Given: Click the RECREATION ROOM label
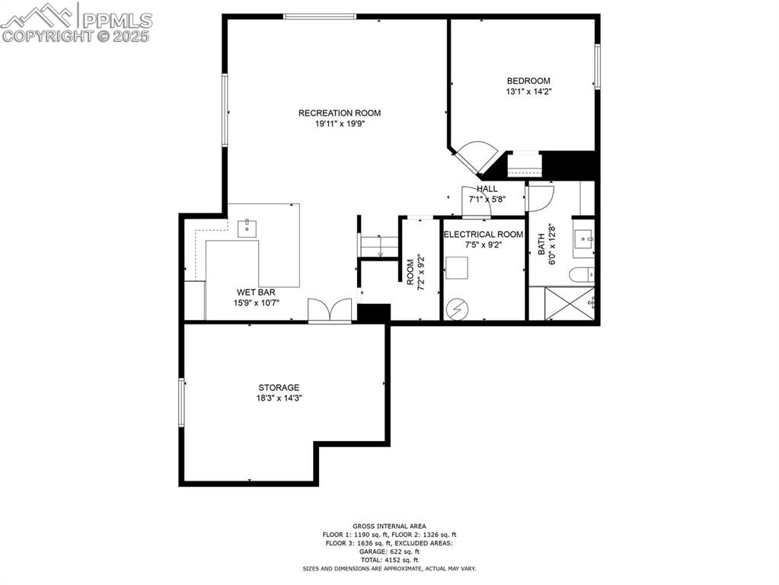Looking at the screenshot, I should [x=339, y=113].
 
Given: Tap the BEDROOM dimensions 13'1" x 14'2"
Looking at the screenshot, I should [x=528, y=91].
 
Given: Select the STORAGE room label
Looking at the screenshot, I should [x=278, y=387].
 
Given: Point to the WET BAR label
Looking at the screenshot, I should [x=256, y=292].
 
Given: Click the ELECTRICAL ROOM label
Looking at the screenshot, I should [x=483, y=234].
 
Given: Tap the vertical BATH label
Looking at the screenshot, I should [x=541, y=244].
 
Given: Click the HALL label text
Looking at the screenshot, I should [x=487, y=188].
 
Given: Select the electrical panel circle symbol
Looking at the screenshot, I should [x=457, y=308].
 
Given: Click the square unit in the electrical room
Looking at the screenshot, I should [x=457, y=268].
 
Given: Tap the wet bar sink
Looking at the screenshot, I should [x=248, y=227].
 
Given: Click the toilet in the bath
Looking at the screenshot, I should [x=582, y=274].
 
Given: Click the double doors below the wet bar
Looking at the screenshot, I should [x=330, y=311].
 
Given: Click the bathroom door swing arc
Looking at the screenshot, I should [x=539, y=199].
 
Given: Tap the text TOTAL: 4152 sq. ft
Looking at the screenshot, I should [x=389, y=560].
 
